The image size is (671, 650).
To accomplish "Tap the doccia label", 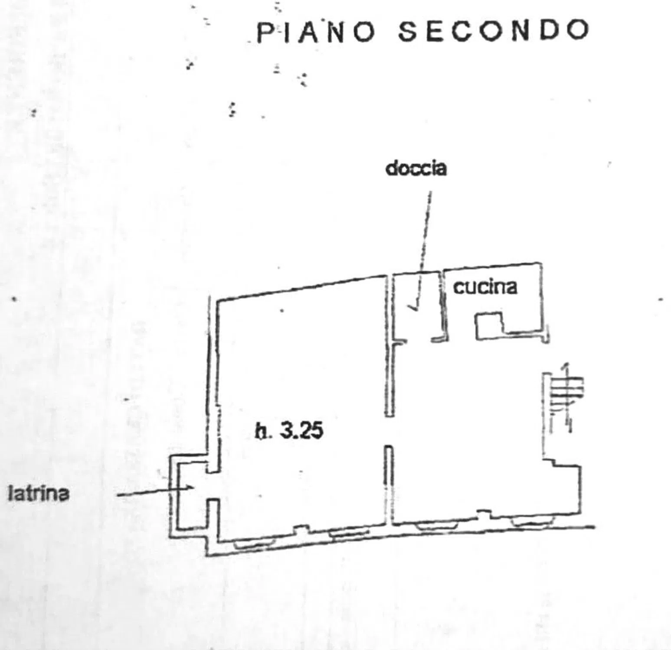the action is (x=416, y=169).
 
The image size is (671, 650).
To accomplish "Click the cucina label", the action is (x=485, y=287).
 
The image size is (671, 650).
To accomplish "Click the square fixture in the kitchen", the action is (x=489, y=325).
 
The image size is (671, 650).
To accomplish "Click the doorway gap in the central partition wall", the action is (x=390, y=431).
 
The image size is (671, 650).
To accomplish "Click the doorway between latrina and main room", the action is (x=211, y=486).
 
